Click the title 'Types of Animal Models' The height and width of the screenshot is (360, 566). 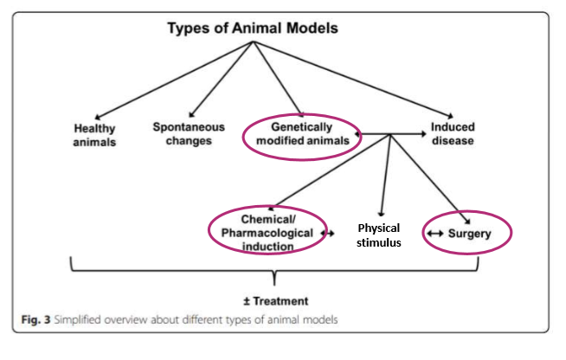(x=252, y=28)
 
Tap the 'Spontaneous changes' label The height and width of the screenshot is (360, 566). (x=188, y=133)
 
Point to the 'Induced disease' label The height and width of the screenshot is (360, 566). (x=451, y=134)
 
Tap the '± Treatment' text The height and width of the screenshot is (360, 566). (x=276, y=301)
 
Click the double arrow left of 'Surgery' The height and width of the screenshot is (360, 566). (x=435, y=234)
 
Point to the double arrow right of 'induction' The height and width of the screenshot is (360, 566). (x=328, y=234)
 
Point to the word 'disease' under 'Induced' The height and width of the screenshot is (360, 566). (x=452, y=141)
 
